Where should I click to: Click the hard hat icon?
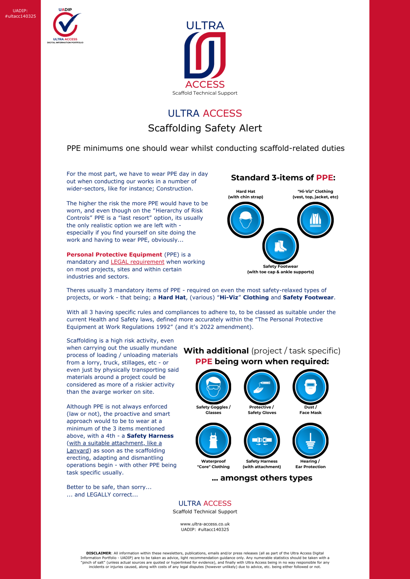coord(246,220)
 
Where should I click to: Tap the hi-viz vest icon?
coord(315,220)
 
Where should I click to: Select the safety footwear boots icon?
coord(280,246)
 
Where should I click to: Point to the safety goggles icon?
coord(213,387)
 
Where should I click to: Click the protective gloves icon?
coord(262,387)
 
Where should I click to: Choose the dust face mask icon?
coord(310,387)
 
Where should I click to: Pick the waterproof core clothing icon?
coord(213,441)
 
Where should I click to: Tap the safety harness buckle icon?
coord(262,441)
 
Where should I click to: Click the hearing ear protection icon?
coord(310,441)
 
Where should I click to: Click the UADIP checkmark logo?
coord(65,25)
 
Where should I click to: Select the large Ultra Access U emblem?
coord(205,55)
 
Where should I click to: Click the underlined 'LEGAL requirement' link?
coord(137,262)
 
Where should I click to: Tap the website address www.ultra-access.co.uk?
coord(205,524)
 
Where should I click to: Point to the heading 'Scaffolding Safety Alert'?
coord(205,128)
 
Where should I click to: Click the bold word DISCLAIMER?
coord(98,553)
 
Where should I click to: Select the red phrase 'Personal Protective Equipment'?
coord(114,255)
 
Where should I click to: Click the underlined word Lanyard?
coord(78,451)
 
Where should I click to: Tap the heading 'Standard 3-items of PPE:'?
coord(283,178)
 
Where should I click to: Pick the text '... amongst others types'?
coord(262,478)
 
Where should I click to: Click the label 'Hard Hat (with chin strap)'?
coord(246,194)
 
